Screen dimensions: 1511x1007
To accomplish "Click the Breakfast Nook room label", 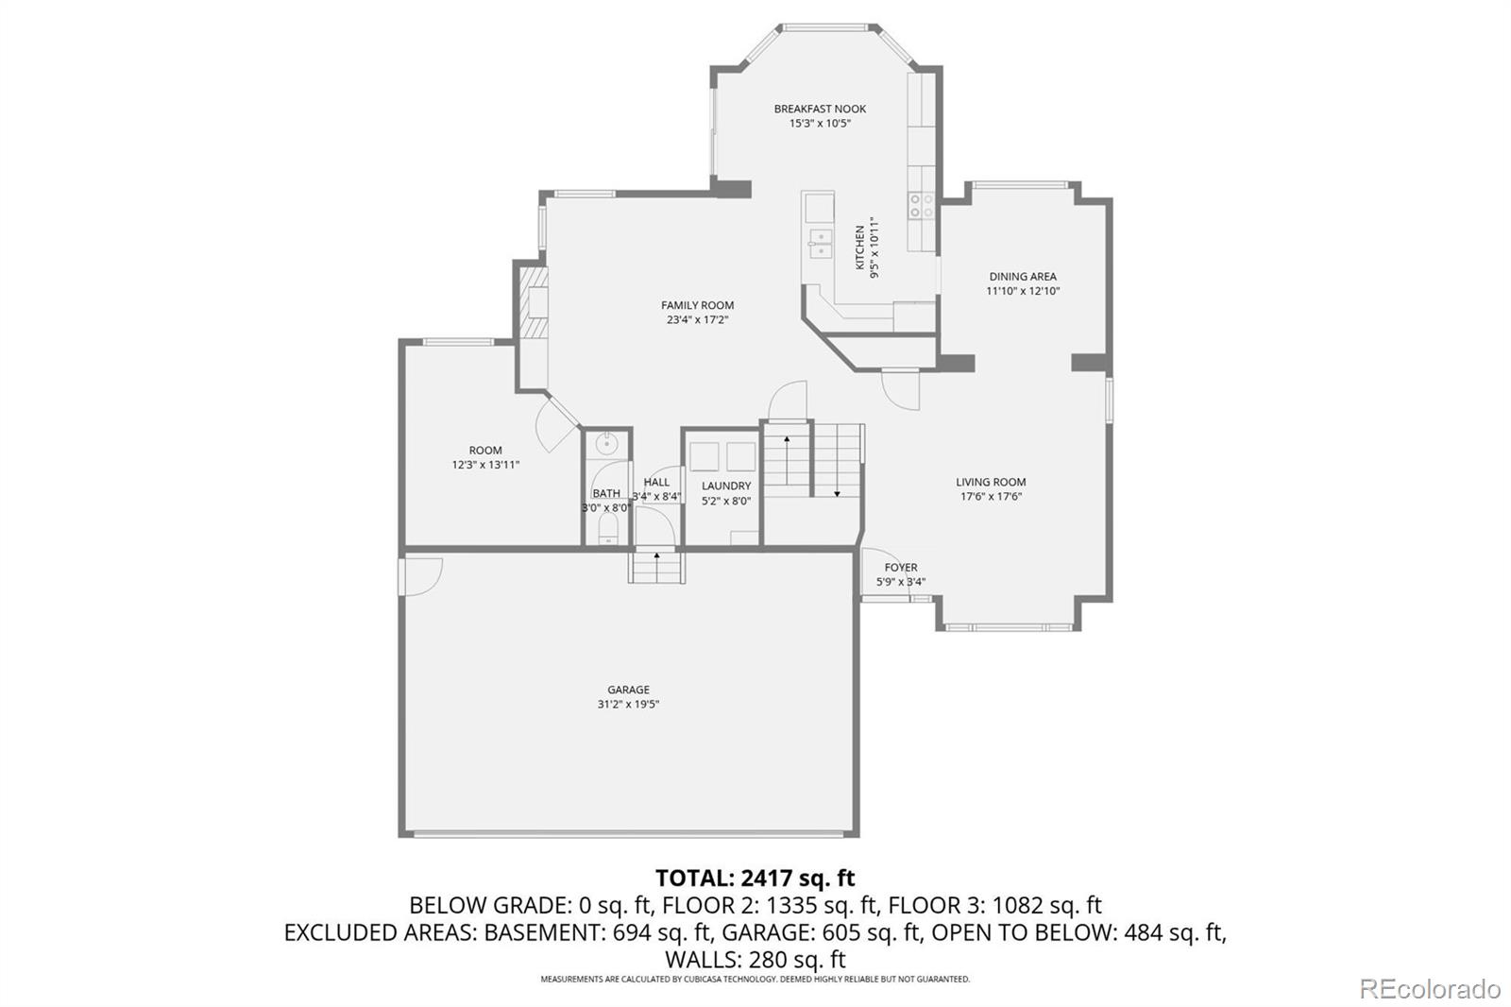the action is click(x=820, y=109).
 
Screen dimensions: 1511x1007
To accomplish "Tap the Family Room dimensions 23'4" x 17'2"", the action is click(x=698, y=320).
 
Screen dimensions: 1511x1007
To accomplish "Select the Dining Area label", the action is click(x=1023, y=276).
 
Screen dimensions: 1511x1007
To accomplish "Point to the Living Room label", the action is click(x=991, y=482).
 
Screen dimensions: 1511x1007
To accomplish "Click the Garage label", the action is click(x=628, y=690).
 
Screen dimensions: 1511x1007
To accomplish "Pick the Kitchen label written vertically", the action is click(x=860, y=247).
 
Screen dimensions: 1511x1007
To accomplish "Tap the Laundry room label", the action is click(x=726, y=486).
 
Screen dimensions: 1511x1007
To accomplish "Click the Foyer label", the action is click(x=901, y=568).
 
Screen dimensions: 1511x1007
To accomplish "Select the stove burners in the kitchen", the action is click(x=922, y=206).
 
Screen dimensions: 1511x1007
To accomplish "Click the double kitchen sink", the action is click(x=821, y=244).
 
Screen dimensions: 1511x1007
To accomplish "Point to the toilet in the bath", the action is click(x=608, y=529).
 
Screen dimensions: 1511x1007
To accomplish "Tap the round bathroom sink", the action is click(x=608, y=444).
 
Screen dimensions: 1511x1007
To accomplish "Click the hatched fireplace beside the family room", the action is click(x=534, y=302).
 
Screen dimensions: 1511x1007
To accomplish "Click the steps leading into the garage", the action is click(x=657, y=567).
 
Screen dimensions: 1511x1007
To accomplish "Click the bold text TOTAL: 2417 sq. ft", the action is click(x=755, y=879).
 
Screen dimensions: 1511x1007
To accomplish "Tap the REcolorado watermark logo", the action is click(x=1430, y=989).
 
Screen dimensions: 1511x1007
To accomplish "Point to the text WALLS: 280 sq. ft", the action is click(x=755, y=959).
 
